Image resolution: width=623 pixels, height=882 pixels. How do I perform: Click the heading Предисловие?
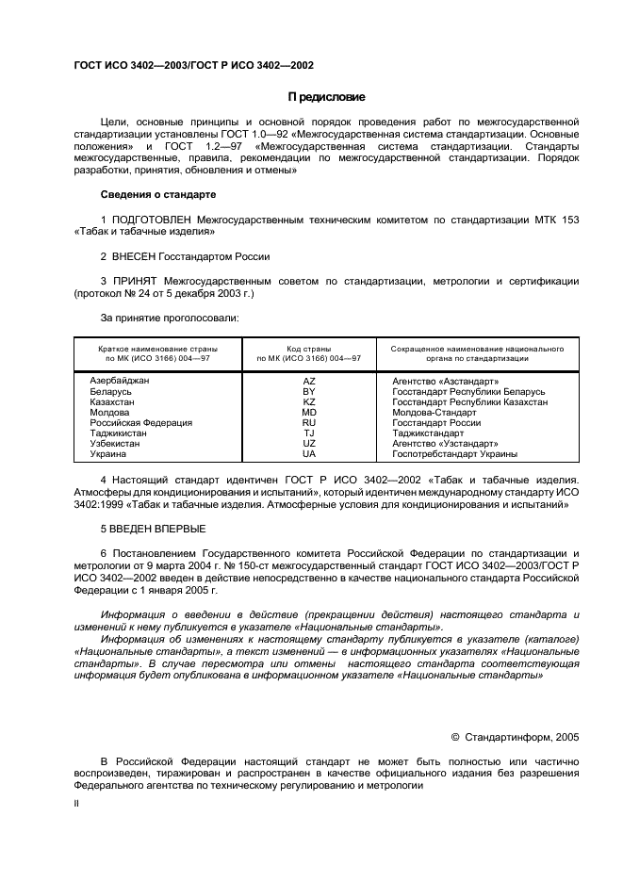[x=326, y=97]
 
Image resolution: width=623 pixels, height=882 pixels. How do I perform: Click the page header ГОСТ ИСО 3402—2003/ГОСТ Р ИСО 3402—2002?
[x=193, y=66]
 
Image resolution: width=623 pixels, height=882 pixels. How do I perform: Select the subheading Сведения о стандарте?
[x=158, y=194]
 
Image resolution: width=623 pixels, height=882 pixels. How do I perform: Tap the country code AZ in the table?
[x=308, y=381]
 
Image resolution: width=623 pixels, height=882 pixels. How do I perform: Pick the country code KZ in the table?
[x=308, y=401]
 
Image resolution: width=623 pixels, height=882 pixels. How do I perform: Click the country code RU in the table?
[x=308, y=422]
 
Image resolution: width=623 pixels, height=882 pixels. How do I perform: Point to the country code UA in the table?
[x=308, y=453]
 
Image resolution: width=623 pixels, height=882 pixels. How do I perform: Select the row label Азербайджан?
[x=120, y=381]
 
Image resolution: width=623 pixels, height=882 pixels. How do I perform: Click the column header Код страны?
[x=308, y=349]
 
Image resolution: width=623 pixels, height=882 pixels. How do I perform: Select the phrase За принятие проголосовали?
[x=170, y=318]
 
